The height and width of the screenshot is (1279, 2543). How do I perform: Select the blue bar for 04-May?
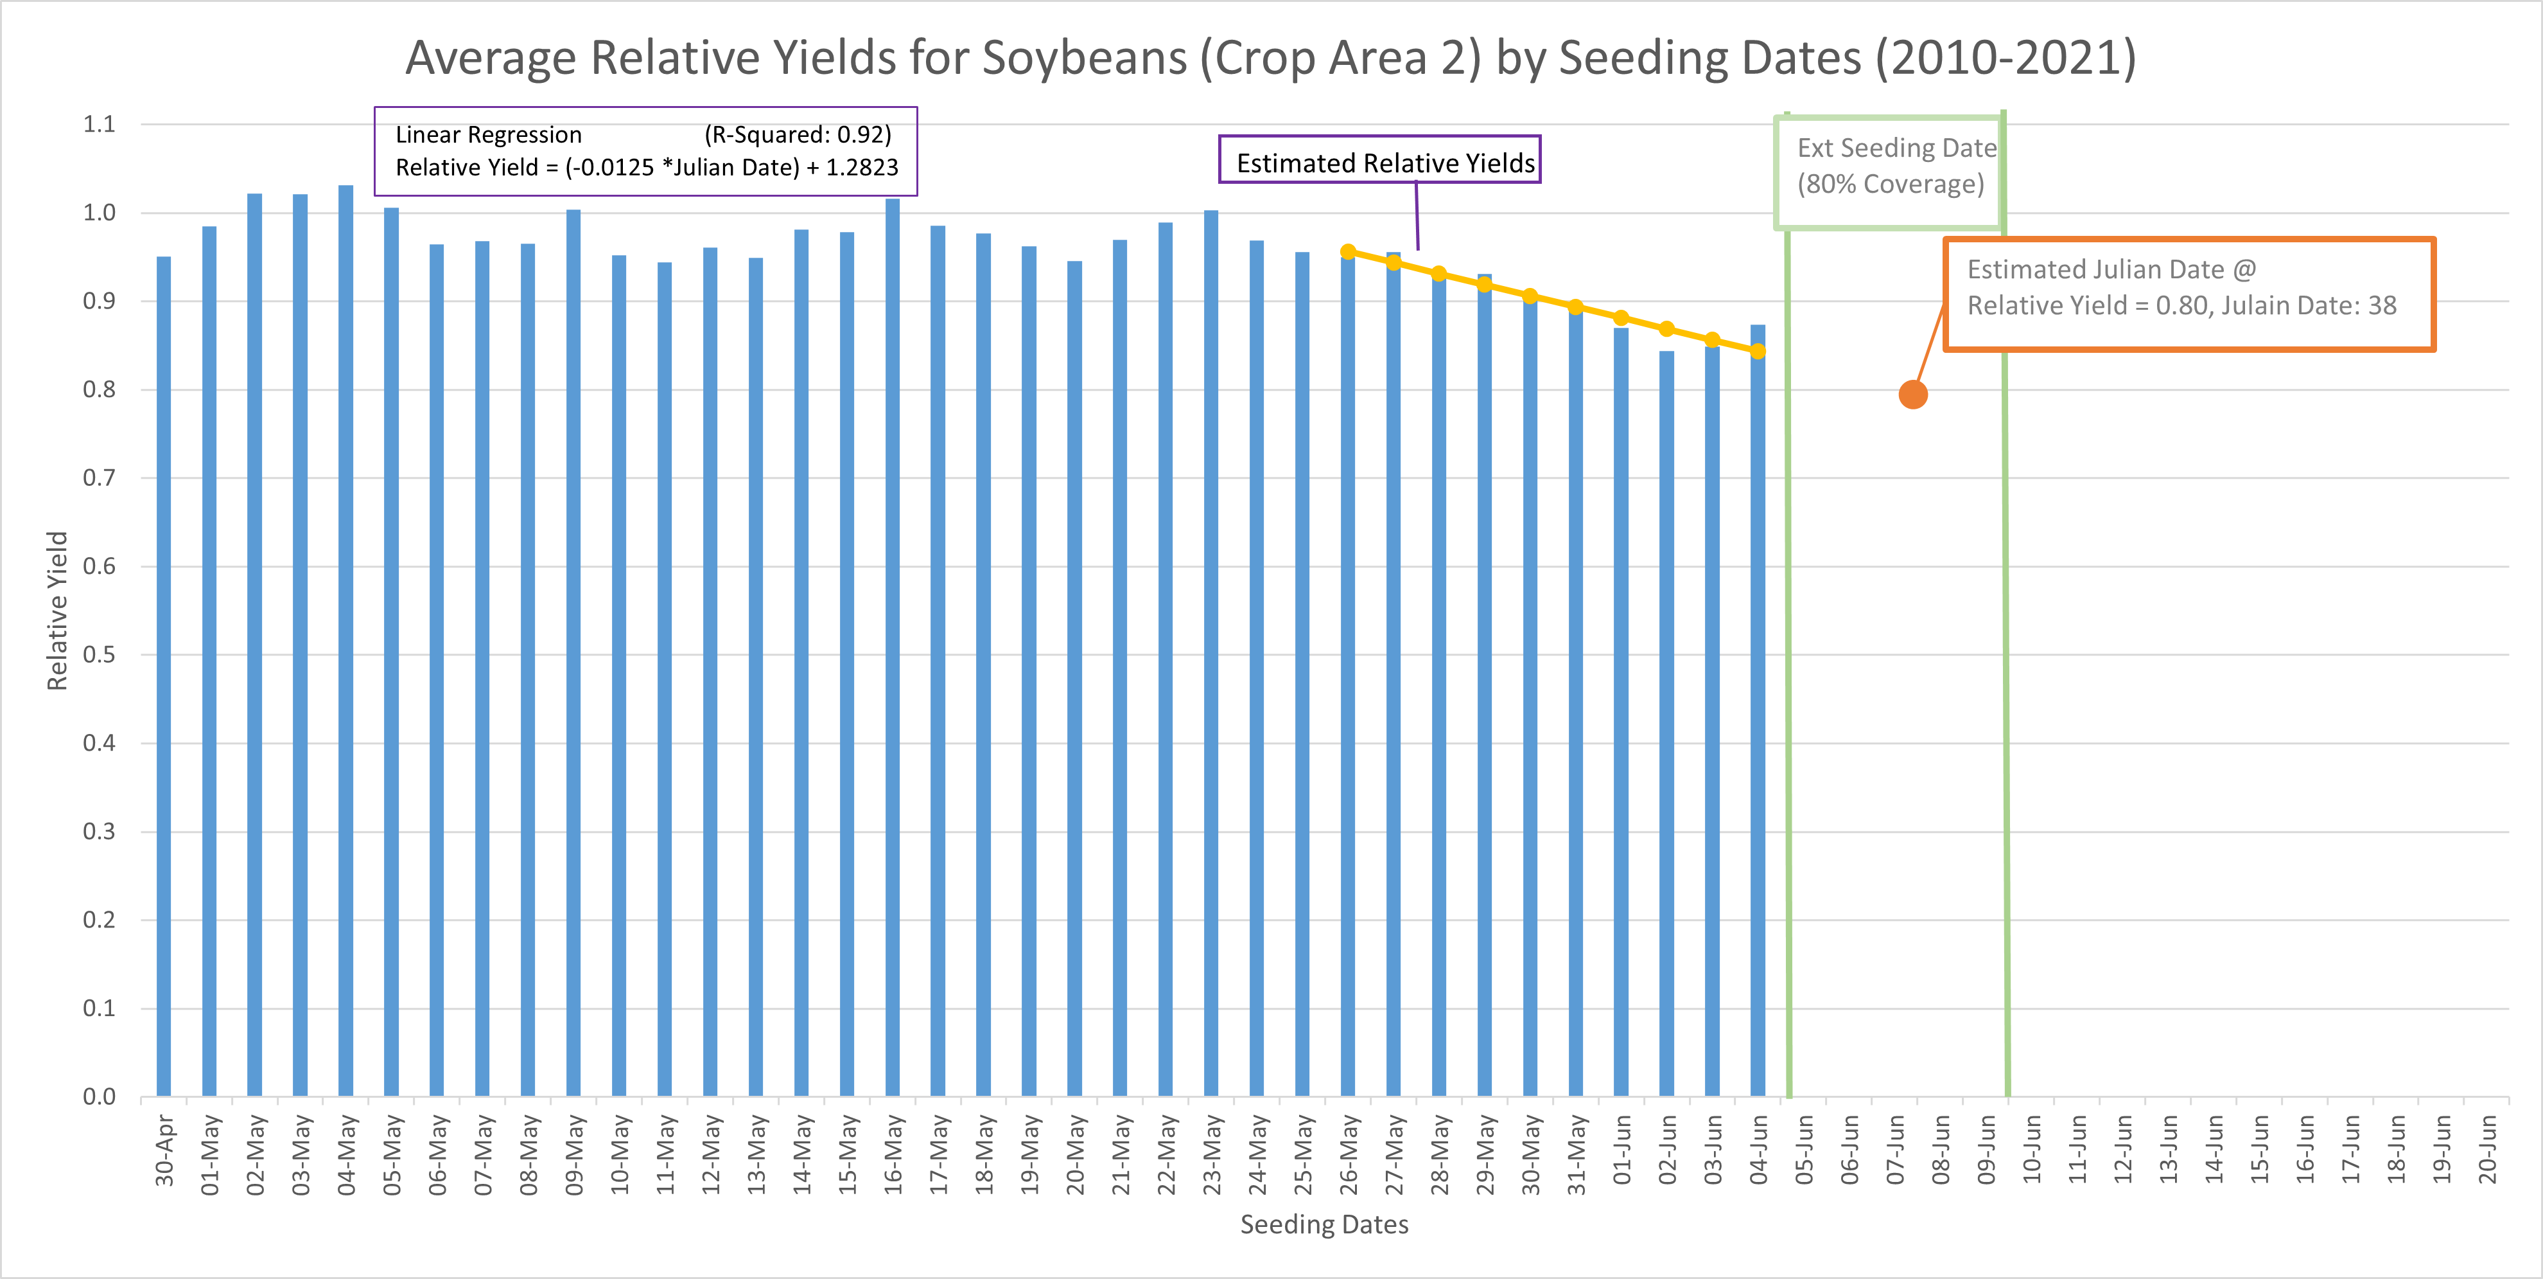pyautogui.click(x=345, y=642)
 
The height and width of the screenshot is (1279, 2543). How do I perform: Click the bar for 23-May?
pyautogui.click(x=1211, y=652)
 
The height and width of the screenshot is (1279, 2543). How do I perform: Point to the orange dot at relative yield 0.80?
pyautogui.click(x=1912, y=395)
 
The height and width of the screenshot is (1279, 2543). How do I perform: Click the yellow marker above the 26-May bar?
pyautogui.click(x=1347, y=252)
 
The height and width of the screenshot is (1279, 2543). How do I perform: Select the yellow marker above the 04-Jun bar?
pyautogui.click(x=1758, y=351)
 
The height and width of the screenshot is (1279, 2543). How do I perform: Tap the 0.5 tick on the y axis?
pyautogui.click(x=99, y=655)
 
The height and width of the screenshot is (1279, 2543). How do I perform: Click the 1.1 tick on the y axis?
pyautogui.click(x=99, y=125)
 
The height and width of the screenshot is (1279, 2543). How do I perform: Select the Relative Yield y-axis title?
pyautogui.click(x=57, y=611)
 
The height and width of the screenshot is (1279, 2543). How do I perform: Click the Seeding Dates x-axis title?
pyautogui.click(x=1324, y=1224)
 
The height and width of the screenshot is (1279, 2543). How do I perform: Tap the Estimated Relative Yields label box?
pyautogui.click(x=1380, y=163)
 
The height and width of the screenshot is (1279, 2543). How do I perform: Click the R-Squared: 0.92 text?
pyautogui.click(x=798, y=134)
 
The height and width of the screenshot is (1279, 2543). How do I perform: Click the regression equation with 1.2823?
pyautogui.click(x=647, y=168)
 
